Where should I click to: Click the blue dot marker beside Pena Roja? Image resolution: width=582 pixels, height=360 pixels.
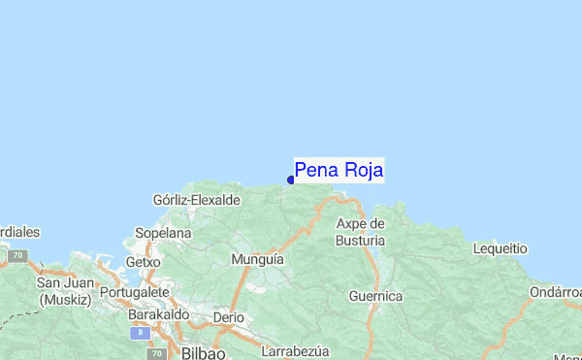291,180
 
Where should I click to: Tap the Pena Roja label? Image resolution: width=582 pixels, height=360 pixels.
339,170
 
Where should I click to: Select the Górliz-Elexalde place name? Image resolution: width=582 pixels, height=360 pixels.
197,200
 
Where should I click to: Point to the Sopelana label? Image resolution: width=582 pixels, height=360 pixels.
163,234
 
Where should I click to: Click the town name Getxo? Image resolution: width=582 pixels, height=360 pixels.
143,262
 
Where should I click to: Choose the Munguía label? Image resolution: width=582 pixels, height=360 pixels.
258,260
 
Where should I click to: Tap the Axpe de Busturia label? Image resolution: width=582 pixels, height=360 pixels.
361,231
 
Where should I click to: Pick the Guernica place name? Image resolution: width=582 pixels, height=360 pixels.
375,295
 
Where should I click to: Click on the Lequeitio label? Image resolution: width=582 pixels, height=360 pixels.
500,248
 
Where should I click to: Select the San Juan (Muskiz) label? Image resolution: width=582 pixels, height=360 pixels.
64,291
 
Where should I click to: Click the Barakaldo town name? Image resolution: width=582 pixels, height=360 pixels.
157,315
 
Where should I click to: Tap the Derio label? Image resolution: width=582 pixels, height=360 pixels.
229,317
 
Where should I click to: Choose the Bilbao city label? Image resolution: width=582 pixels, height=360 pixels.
203,350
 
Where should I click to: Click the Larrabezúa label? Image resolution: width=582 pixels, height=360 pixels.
297,350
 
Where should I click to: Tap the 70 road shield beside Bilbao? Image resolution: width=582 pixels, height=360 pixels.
156,353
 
